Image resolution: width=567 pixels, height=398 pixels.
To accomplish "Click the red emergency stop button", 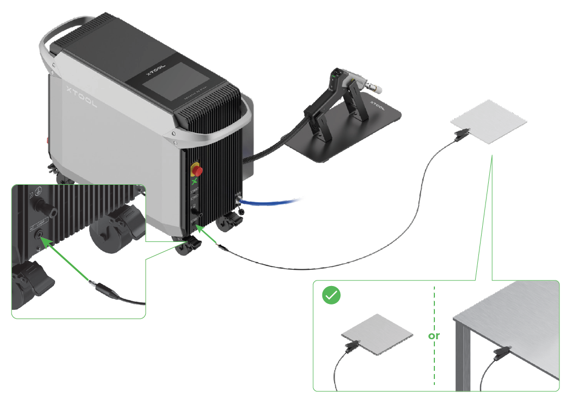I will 197,171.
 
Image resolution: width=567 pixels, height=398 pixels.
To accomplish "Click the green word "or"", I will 434,335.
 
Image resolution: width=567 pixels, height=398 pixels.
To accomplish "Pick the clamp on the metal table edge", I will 501,353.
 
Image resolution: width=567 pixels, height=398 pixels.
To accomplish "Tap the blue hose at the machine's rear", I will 272,203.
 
